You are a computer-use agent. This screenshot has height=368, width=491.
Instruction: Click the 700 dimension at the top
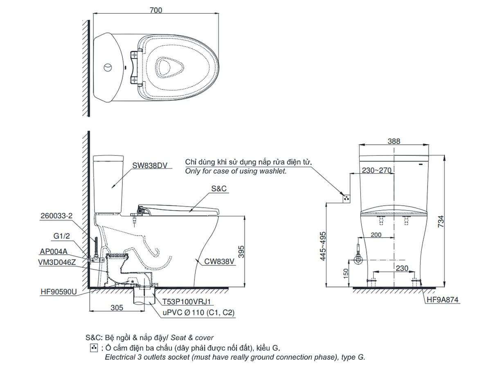pos(155,10)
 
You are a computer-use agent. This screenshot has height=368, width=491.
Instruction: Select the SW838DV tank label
pos(150,165)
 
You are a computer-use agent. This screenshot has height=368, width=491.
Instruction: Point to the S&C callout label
pos(219,188)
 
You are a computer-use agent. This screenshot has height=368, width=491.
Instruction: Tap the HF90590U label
pos(59,292)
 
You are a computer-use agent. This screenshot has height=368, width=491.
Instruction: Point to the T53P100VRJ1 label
pos(186,301)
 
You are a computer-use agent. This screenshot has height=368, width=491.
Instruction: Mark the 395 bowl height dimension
pos(241,251)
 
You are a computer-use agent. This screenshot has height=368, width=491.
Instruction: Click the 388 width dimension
pos(394,141)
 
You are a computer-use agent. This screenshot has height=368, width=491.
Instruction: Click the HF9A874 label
pos(442,300)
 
